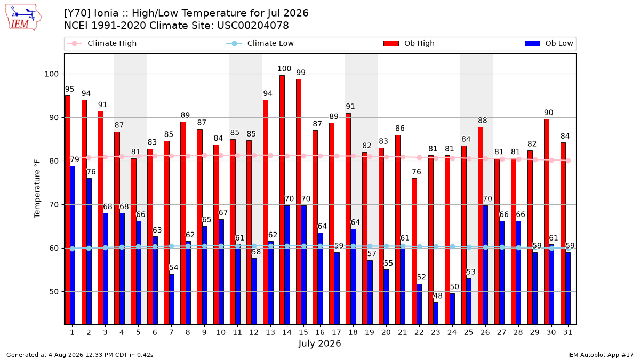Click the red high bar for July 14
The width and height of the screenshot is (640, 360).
pyautogui.click(x=282, y=199)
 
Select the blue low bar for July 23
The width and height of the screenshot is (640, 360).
pyautogui.click(x=436, y=314)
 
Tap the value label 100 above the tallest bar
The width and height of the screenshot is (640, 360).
pyautogui.click(x=284, y=69)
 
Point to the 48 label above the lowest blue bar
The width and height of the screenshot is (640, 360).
pyautogui.click(x=438, y=295)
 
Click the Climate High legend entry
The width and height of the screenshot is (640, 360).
pyautogui.click(x=102, y=43)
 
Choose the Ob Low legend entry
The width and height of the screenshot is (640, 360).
pyautogui.click(x=549, y=43)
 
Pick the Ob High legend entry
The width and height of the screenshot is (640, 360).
pyautogui.click(x=409, y=43)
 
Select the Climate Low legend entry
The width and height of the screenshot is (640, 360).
pyautogui.click(x=260, y=43)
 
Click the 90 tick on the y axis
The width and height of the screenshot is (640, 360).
pyautogui.click(x=51, y=118)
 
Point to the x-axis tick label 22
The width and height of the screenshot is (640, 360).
pyautogui.click(x=419, y=332)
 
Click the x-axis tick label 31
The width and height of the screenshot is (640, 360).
pyautogui.click(x=567, y=332)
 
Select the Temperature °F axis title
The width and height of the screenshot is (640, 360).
pyautogui.click(x=37, y=189)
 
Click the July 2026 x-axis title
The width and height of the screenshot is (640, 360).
pyautogui.click(x=319, y=343)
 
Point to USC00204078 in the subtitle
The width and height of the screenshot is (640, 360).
pyautogui.click(x=253, y=26)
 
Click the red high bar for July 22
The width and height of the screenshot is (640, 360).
pyautogui.click(x=414, y=251)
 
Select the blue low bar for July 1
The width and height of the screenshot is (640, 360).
pyautogui.click(x=73, y=245)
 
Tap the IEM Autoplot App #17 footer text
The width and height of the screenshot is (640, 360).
pyautogui.click(x=601, y=355)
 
